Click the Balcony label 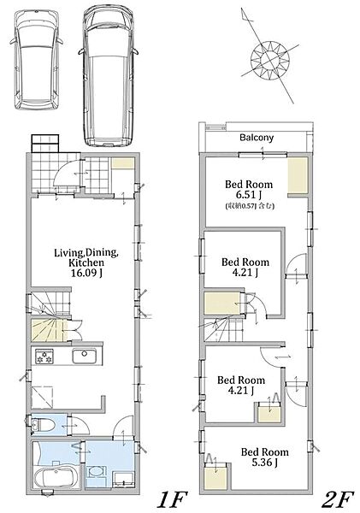click(257, 138)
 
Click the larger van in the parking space click(109, 75)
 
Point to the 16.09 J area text click(86, 273)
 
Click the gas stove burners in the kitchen click(44, 356)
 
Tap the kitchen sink click(85, 356)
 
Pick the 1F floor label click(172, 500)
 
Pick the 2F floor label click(338, 500)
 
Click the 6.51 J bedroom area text click(248, 195)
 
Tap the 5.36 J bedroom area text click(265, 463)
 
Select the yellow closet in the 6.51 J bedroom click(298, 175)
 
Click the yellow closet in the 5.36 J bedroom click(215, 476)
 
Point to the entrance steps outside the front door click(45, 144)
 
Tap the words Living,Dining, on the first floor click(86, 252)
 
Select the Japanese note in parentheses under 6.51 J click(250, 206)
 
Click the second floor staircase click(224, 330)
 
